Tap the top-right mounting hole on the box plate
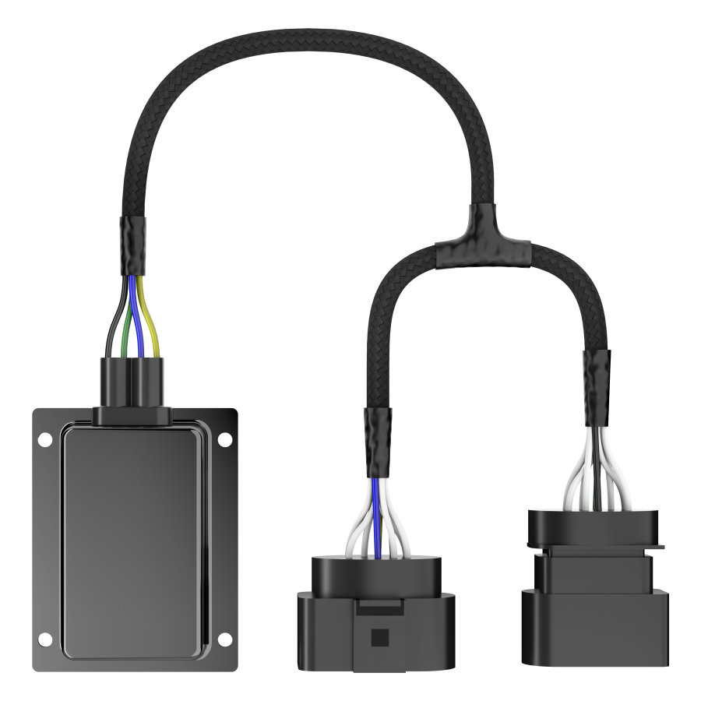point(224,441)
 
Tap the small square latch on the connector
point(379,637)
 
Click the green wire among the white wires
point(595,479)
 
